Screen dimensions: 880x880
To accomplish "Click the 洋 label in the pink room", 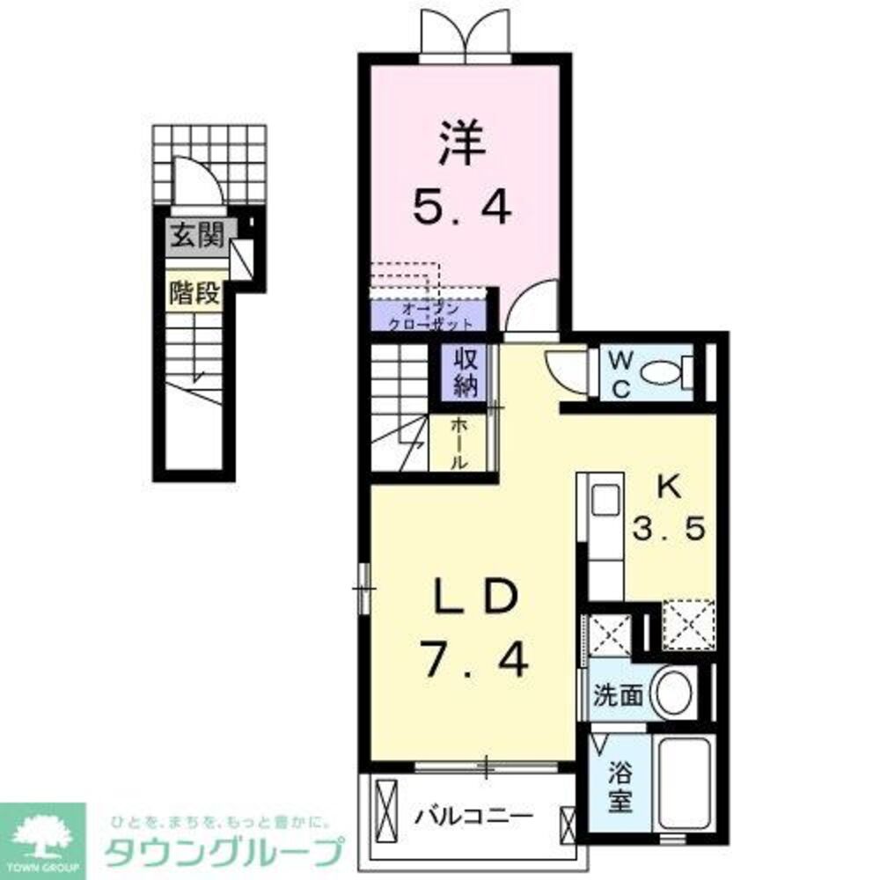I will [x=462, y=147].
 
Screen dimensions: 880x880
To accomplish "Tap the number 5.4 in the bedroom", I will [x=462, y=209].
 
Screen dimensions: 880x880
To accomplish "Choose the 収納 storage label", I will [x=465, y=371].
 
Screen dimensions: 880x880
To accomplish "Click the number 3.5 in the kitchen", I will [x=670, y=530].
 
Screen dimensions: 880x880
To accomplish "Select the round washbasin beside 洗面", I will [x=673, y=693].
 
